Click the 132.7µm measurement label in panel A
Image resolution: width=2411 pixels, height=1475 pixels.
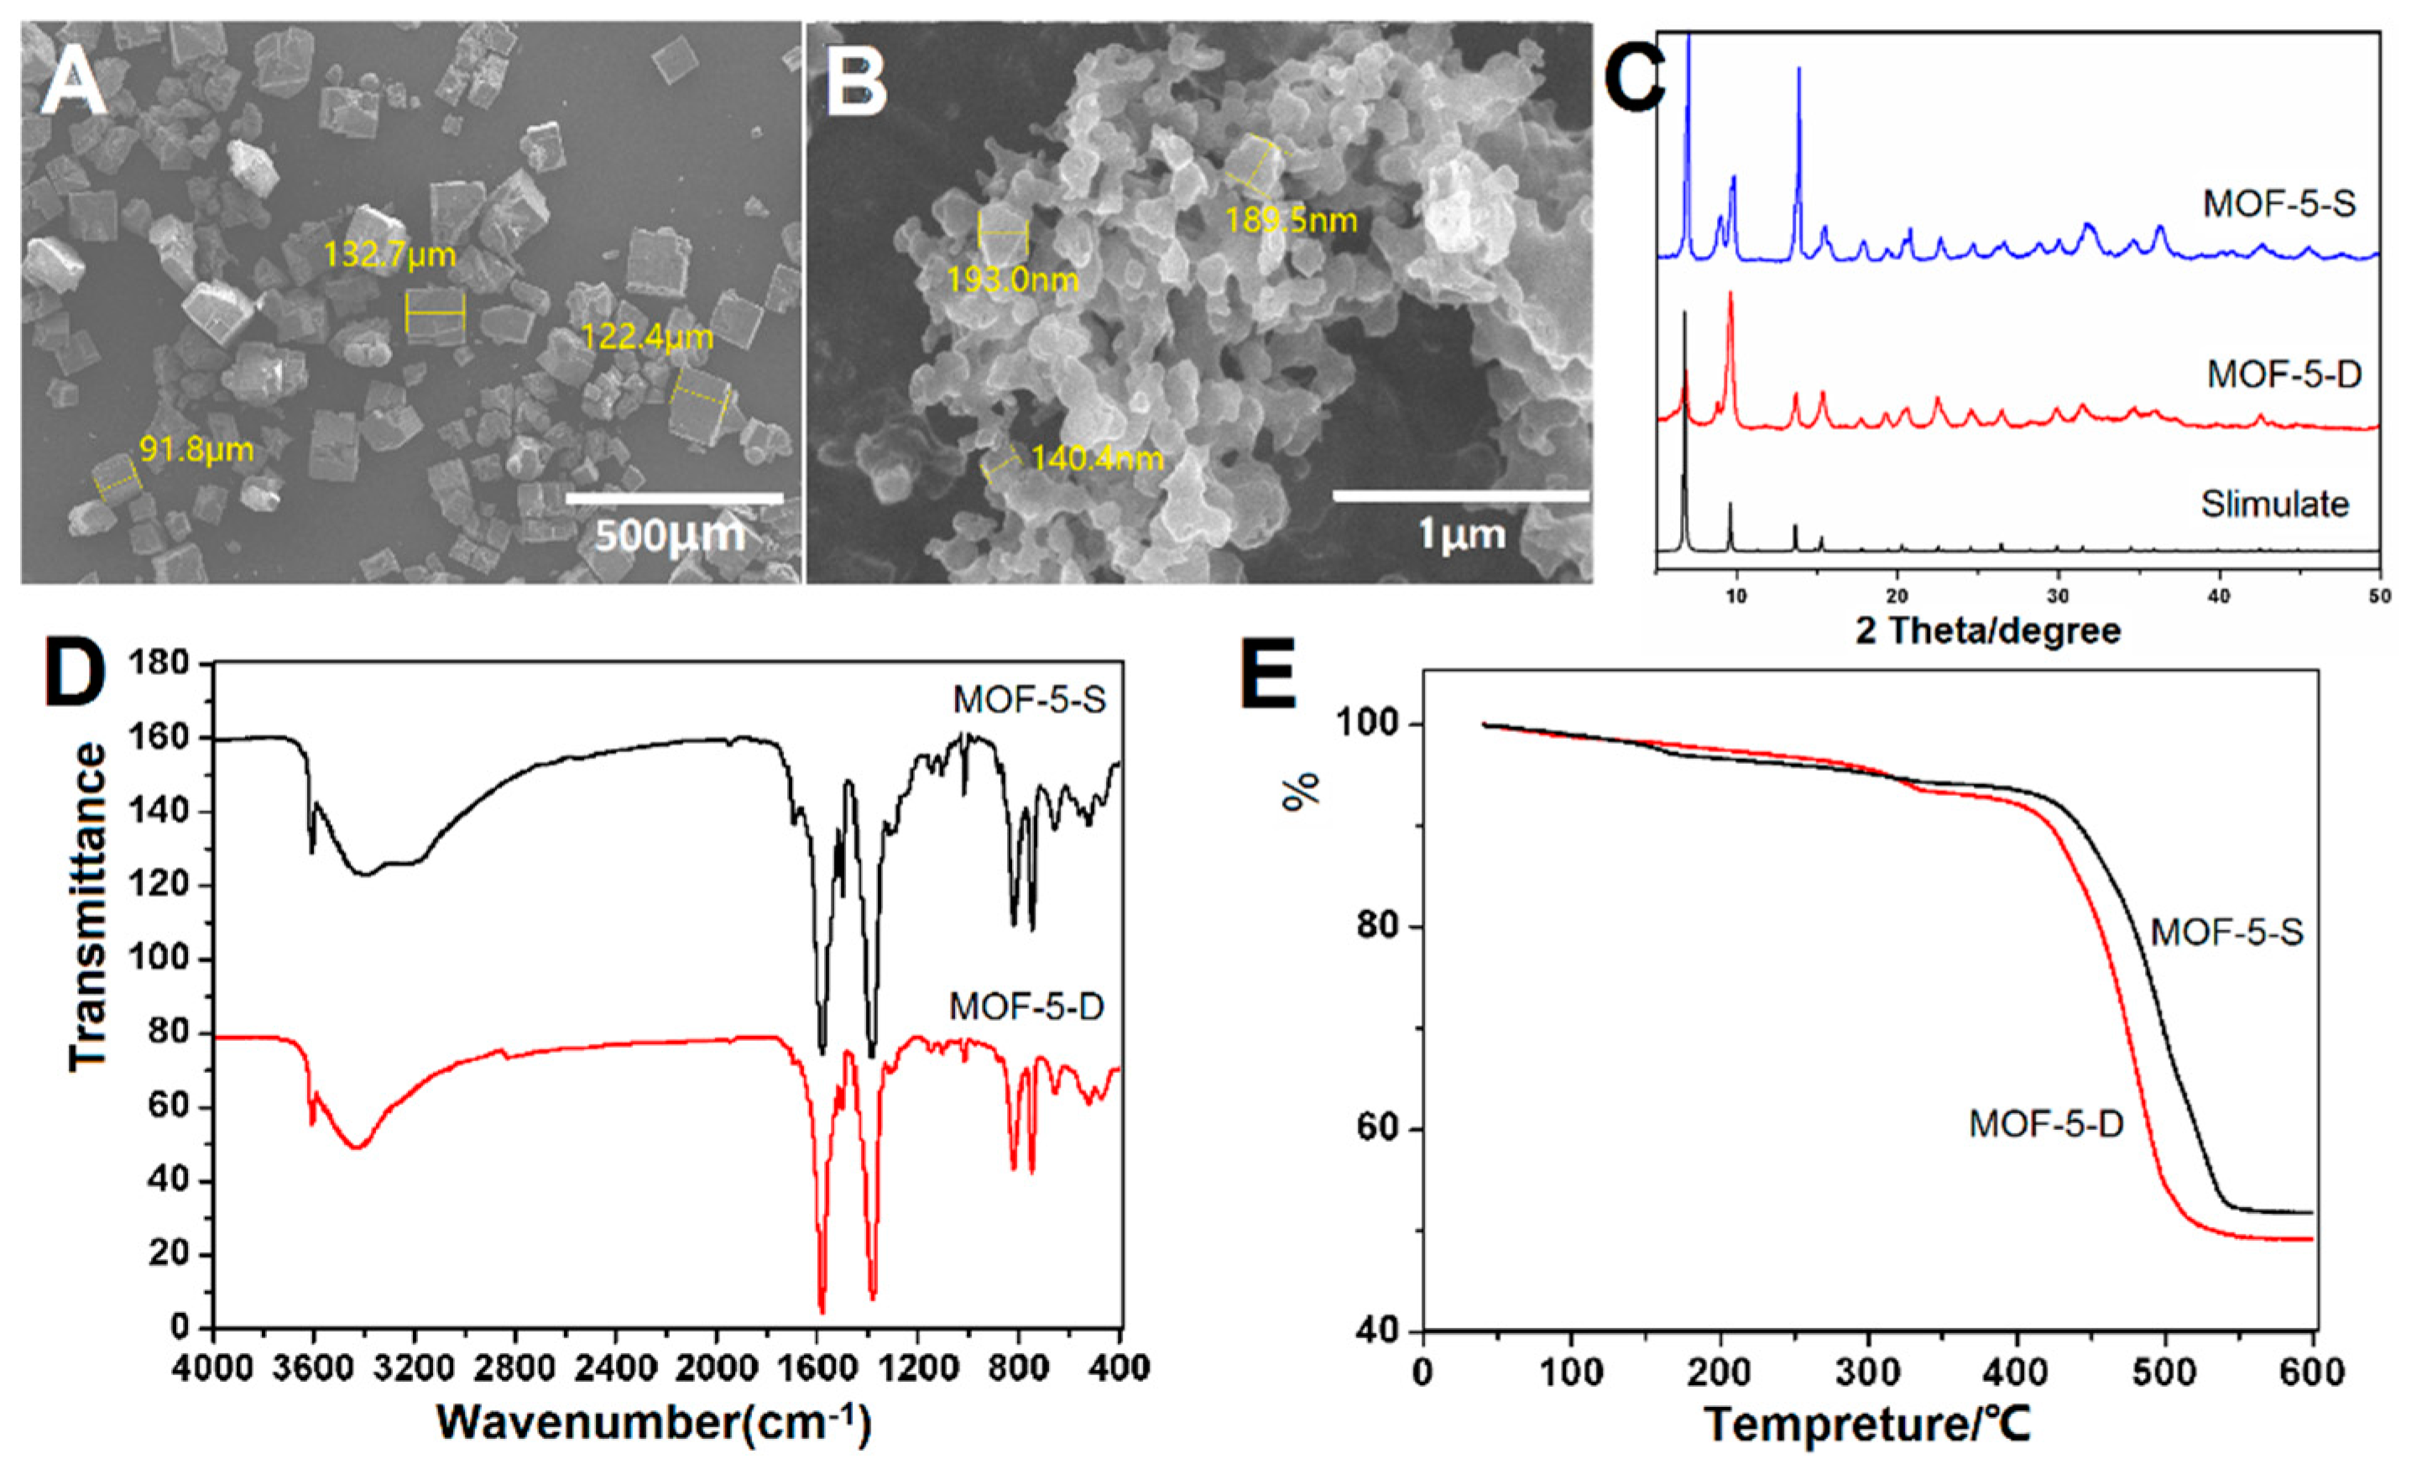(389, 256)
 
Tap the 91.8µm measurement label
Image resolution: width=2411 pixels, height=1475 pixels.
(196, 450)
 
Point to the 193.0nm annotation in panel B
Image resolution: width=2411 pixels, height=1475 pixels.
(1012, 281)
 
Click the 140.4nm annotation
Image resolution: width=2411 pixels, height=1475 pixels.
(1097, 458)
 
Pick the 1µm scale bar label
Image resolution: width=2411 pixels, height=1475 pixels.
(1461, 536)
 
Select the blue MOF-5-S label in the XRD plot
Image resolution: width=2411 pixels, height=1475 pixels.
(2279, 204)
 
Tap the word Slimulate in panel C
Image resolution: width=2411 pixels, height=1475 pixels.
(2274, 504)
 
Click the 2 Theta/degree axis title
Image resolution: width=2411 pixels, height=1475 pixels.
(1987, 630)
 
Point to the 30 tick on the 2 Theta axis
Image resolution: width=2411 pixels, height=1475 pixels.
(2058, 597)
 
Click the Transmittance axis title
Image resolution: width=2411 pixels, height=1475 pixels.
(89, 905)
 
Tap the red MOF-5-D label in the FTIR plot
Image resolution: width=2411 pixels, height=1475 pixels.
(1026, 1007)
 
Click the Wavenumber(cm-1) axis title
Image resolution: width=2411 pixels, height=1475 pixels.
(654, 1421)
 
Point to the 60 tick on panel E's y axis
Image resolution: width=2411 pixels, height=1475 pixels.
(1377, 1129)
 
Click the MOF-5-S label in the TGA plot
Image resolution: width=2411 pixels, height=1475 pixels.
(2227, 933)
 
